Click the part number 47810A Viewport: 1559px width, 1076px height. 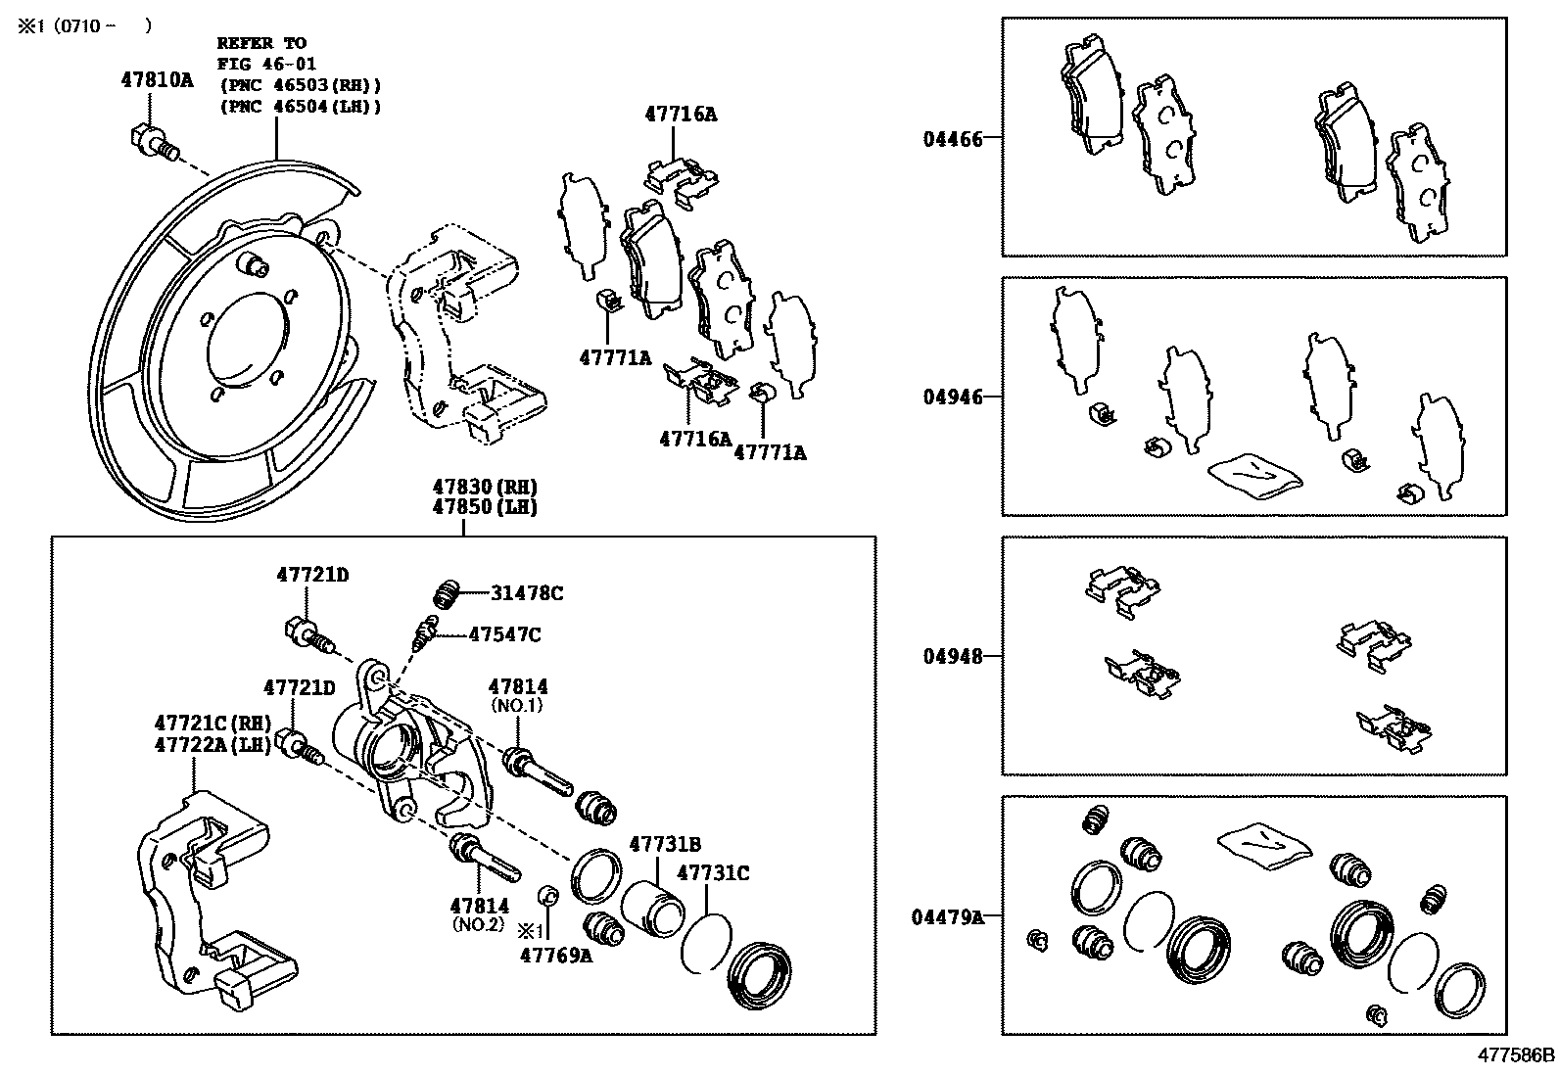tap(157, 80)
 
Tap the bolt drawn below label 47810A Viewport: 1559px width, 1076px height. tap(152, 143)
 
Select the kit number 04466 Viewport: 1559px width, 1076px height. tap(951, 139)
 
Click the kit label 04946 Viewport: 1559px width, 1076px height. tap(951, 398)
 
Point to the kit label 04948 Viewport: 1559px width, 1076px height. tap(951, 656)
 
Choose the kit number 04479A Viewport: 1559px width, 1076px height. tap(946, 917)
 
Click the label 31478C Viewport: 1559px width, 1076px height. tap(527, 593)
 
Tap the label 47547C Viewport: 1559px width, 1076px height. tap(504, 634)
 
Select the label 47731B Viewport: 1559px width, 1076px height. tap(665, 844)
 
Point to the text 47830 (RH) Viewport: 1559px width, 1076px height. tap(487, 487)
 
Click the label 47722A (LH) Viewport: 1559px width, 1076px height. tap(213, 744)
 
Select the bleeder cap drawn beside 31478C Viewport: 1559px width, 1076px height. tap(447, 593)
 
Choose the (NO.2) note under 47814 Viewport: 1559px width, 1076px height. tap(479, 923)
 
